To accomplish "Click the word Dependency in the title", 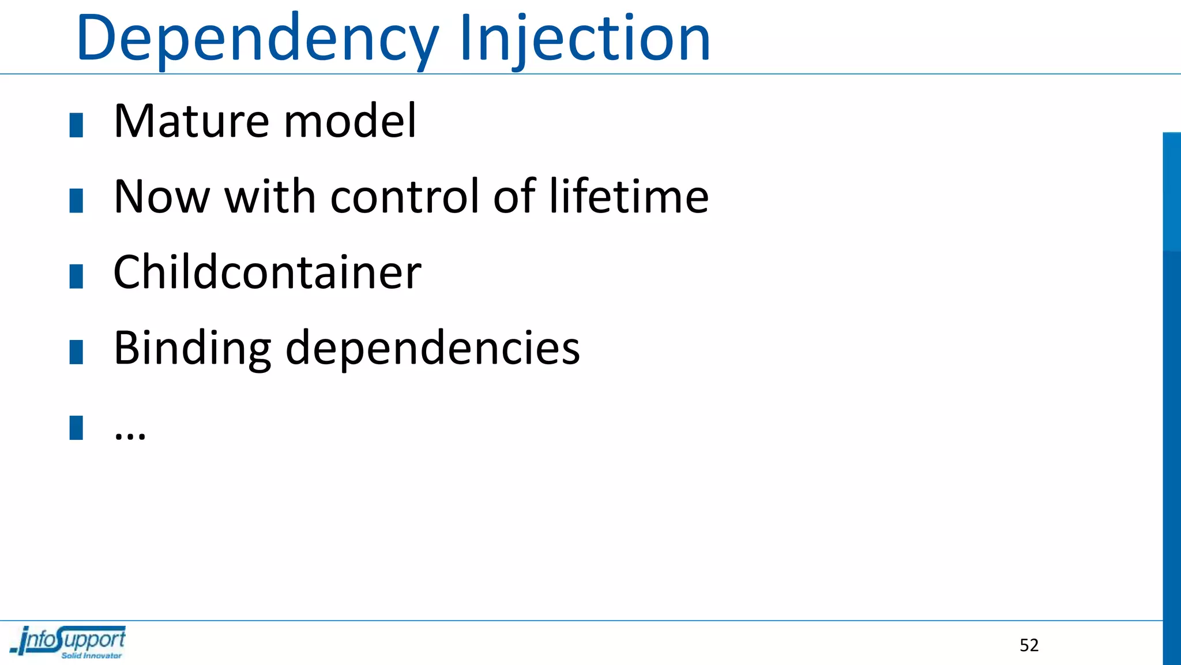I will pyautogui.click(x=257, y=39).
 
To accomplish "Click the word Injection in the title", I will pyautogui.click(x=585, y=39).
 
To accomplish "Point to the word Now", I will pyautogui.click(x=161, y=197).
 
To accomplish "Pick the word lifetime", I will pyautogui.click(x=629, y=197).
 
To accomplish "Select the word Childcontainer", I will pyautogui.click(x=268, y=272).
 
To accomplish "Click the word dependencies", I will pyautogui.click(x=432, y=348).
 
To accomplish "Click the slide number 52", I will pyautogui.click(x=1029, y=645).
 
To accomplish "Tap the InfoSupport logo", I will pyautogui.click(x=68, y=641).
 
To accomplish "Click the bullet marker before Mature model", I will pyautogui.click(x=76, y=125).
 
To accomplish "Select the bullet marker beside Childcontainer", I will pyautogui.click(x=76, y=276).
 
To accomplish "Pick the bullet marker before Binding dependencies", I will pyautogui.click(x=76, y=352).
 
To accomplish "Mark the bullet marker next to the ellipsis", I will pyautogui.click(x=76, y=428).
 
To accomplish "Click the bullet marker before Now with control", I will pyautogui.click(x=76, y=200).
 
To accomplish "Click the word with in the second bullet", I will pyautogui.click(x=269, y=197).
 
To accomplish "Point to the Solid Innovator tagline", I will pyautogui.click(x=92, y=656).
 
